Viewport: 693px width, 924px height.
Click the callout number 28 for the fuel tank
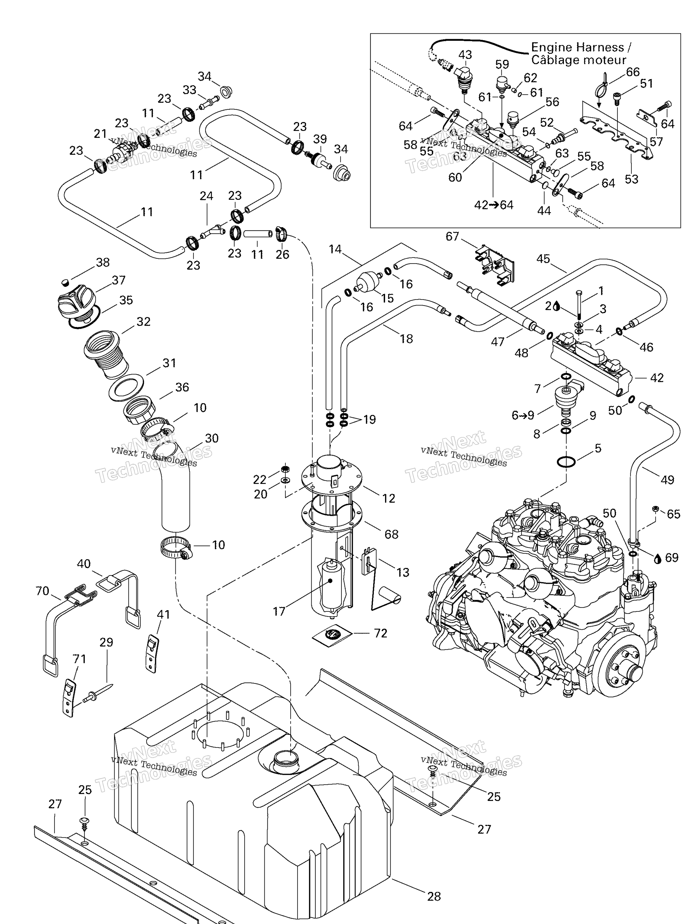click(434, 896)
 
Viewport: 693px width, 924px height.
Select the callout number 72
click(380, 633)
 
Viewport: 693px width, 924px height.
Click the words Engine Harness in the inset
click(577, 47)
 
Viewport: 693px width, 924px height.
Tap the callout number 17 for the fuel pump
click(279, 611)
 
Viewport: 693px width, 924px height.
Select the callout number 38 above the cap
click(103, 262)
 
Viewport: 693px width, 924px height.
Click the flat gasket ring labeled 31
click(126, 387)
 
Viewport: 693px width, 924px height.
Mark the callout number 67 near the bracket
click(452, 236)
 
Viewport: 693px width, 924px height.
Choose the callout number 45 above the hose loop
click(543, 259)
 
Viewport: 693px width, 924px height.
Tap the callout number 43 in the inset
click(465, 55)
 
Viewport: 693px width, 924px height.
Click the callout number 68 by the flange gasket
click(391, 534)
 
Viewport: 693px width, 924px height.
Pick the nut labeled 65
click(655, 509)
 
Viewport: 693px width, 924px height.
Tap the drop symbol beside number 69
click(658, 559)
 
